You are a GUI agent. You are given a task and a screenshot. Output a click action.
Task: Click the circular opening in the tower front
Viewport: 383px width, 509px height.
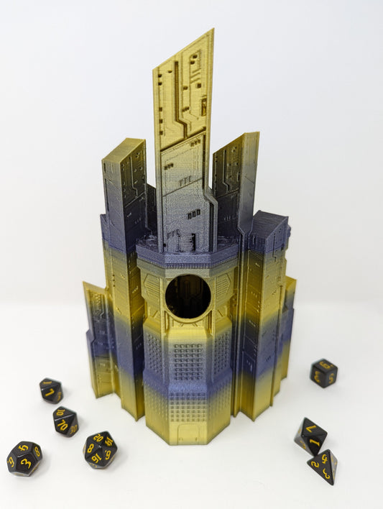click(x=188, y=295)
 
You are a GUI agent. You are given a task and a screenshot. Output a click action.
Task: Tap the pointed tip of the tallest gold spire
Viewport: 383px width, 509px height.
click(x=211, y=32)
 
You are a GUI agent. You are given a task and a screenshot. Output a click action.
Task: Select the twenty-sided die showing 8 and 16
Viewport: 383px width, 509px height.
click(x=101, y=449)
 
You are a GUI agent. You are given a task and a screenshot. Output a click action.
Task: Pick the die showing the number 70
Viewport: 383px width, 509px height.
click(x=65, y=421)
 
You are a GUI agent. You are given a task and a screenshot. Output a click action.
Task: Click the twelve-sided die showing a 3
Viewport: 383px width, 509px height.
click(x=24, y=458)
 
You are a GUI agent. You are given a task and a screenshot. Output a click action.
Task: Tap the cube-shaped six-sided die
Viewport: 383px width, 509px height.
click(x=323, y=373)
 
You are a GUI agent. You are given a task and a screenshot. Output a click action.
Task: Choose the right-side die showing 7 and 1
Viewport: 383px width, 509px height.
click(x=310, y=435)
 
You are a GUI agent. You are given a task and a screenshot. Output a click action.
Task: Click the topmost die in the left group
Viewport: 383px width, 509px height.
click(x=50, y=390)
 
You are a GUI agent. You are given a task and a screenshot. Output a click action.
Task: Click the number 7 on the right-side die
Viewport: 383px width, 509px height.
click(x=310, y=429)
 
